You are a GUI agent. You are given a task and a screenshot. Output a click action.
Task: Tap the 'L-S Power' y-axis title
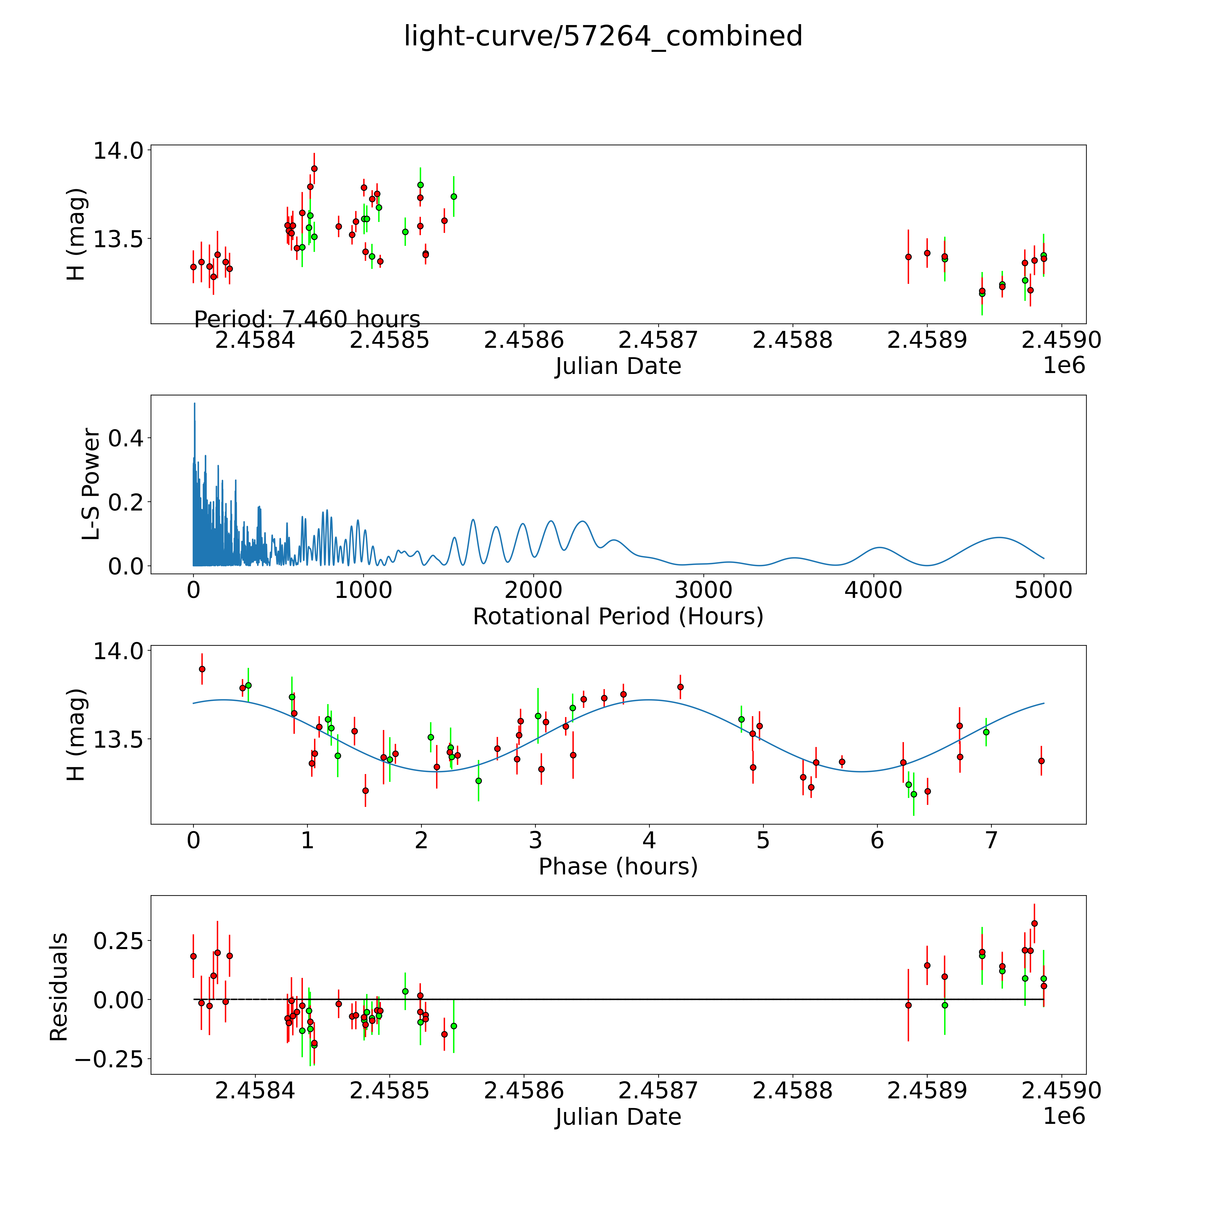pyautogui.click(x=91, y=484)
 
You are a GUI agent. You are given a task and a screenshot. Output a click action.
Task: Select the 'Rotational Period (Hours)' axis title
pyautogui.click(x=618, y=617)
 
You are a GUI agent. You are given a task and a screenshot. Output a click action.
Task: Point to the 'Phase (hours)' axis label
pyautogui.click(x=618, y=867)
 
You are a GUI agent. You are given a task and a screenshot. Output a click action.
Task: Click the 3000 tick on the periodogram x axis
pyautogui.click(x=703, y=590)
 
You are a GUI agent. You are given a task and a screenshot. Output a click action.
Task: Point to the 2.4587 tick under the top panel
pyautogui.click(x=658, y=340)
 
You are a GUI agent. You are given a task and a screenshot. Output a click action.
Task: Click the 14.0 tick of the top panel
pyautogui.click(x=118, y=151)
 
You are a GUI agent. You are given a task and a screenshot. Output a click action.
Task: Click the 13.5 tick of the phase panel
pyautogui.click(x=118, y=739)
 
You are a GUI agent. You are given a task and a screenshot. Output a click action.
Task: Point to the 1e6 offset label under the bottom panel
pyautogui.click(x=1064, y=1116)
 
